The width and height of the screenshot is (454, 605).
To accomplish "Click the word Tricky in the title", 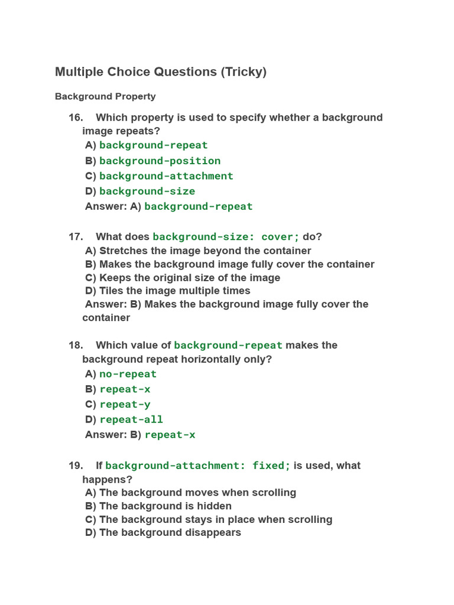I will (x=243, y=72).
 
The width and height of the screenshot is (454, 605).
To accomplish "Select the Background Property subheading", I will (x=105, y=96).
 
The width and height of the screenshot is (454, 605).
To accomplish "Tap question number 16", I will (x=76, y=118).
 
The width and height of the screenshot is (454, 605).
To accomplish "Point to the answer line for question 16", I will (x=168, y=206).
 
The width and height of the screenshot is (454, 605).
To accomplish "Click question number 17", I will (x=76, y=237).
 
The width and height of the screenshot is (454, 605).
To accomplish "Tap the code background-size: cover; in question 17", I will (x=226, y=237).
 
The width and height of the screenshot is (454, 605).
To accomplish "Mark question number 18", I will (x=76, y=346).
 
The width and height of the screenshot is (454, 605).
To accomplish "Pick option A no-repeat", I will (x=128, y=374).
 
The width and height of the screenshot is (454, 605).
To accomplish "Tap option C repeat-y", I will (x=125, y=405).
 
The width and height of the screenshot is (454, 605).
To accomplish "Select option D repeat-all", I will (x=131, y=419).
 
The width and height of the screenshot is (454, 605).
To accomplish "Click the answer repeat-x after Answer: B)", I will (x=170, y=435).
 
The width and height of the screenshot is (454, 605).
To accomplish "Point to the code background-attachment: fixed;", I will (x=198, y=466).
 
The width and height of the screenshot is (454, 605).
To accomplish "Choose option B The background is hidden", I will (x=165, y=506).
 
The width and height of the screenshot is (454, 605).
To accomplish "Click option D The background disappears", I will (x=170, y=533).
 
